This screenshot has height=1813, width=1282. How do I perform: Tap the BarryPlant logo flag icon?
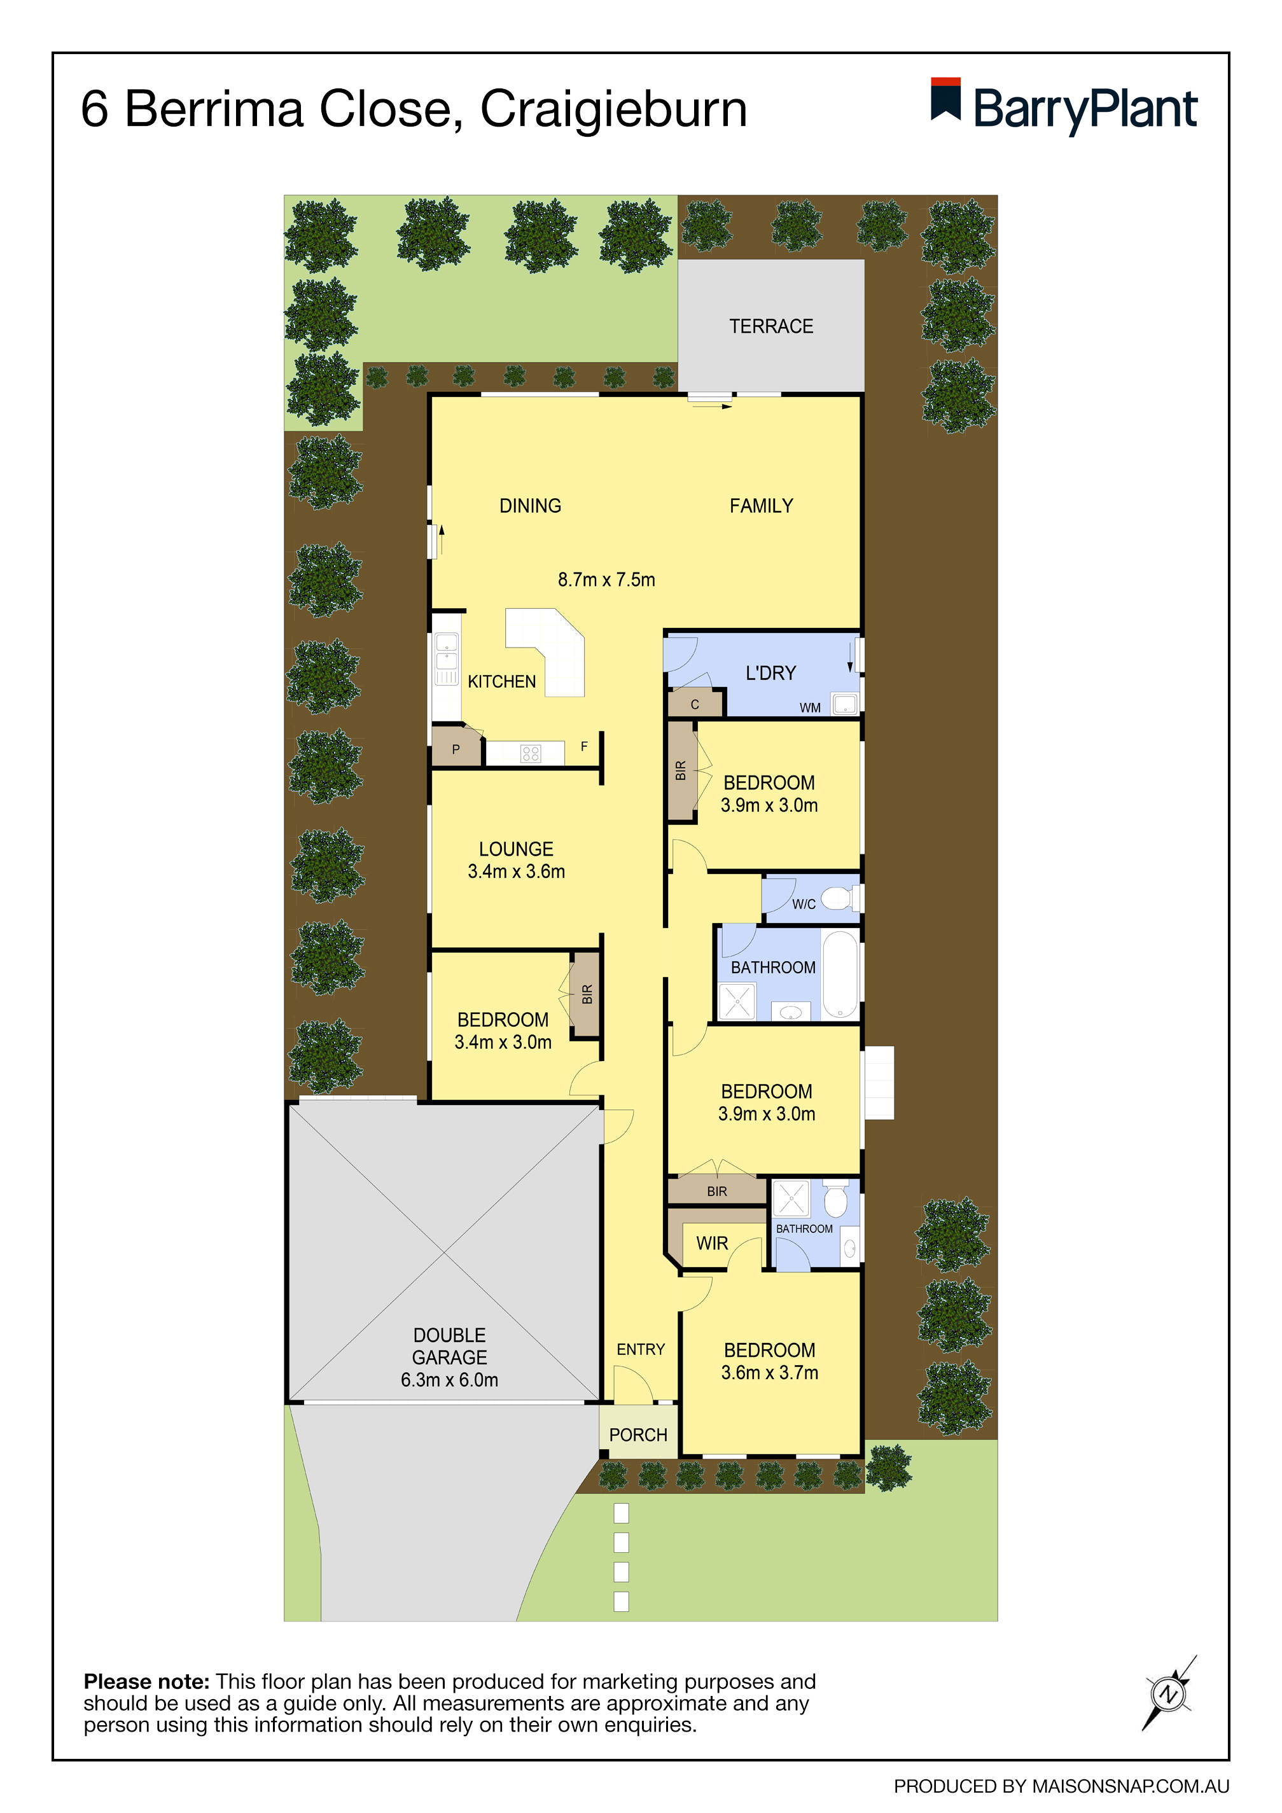coord(945,99)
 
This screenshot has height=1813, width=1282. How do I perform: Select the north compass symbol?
coord(1168,1695)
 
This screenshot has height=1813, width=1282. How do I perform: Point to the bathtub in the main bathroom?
coord(840,975)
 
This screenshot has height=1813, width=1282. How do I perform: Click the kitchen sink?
coord(446,658)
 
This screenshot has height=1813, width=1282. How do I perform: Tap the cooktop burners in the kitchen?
coord(531,753)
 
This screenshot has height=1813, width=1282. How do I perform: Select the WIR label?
coord(712,1243)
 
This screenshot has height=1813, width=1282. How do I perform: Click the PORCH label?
coord(638,1434)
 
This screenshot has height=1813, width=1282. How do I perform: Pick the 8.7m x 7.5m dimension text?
coord(606,580)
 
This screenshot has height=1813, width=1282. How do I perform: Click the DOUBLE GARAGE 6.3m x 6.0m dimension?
coord(449,1380)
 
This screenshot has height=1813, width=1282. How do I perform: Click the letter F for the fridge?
coord(583,746)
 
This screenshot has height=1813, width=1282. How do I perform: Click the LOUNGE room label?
coord(516,849)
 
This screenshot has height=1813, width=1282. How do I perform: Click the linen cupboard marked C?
coord(695,703)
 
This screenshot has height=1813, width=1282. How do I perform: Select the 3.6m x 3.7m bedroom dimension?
coord(769,1372)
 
